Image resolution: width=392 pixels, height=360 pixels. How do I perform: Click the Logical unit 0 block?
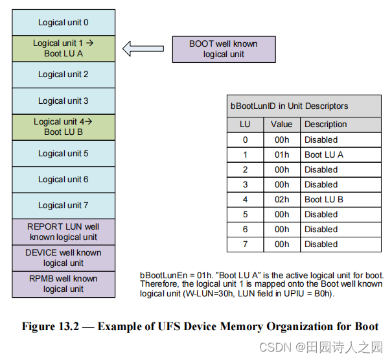(x=63, y=23)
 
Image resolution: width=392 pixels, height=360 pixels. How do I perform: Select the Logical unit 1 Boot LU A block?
(x=63, y=49)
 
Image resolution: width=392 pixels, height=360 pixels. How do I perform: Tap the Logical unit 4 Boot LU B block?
(x=63, y=126)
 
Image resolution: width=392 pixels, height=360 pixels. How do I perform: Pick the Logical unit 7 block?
(x=63, y=206)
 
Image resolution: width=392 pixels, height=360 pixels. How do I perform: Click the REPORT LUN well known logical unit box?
(x=63, y=232)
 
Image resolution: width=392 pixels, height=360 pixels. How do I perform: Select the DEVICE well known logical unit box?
(x=63, y=258)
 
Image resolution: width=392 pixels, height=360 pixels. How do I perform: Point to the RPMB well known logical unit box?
(x=63, y=284)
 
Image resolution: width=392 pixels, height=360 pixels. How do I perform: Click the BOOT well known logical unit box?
(x=223, y=49)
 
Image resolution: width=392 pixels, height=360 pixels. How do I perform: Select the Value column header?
(x=281, y=125)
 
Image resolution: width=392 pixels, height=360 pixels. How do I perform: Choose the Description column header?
(x=325, y=125)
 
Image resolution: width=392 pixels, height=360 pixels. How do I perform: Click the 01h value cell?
(x=281, y=155)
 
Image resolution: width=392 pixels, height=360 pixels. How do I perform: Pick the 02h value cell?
(x=281, y=200)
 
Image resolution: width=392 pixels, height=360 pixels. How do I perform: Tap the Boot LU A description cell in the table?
(x=340, y=155)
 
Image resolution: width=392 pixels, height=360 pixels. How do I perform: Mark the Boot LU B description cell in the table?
(x=340, y=200)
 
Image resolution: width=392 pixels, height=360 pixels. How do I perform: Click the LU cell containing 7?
(x=245, y=245)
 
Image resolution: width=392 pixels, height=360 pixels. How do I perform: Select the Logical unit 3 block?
(x=63, y=101)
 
